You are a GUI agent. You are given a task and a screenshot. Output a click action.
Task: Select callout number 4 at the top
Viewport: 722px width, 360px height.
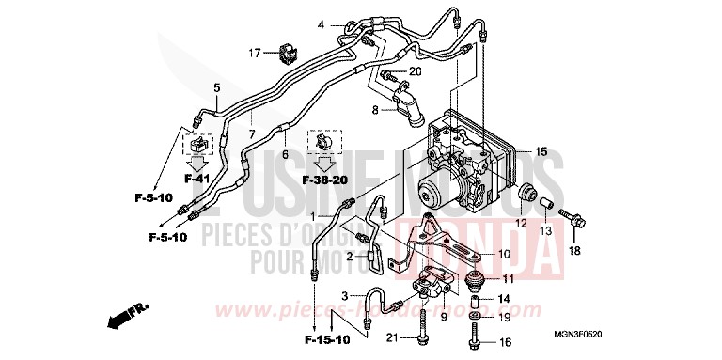[321, 24]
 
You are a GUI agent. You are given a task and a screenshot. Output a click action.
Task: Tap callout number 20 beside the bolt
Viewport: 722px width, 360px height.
[416, 71]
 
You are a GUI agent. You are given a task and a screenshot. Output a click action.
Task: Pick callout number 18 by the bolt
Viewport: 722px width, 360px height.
[575, 251]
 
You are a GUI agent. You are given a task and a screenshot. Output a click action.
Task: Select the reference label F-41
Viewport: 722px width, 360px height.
[198, 178]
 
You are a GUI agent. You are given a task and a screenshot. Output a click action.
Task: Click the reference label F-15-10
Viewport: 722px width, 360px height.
[325, 337]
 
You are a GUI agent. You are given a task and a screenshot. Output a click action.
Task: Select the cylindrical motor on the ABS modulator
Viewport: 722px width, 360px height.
[438, 195]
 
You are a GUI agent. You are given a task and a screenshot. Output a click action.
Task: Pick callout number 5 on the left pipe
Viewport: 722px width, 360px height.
[216, 87]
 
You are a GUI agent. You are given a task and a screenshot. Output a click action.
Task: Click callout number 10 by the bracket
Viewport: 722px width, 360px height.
[504, 255]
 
